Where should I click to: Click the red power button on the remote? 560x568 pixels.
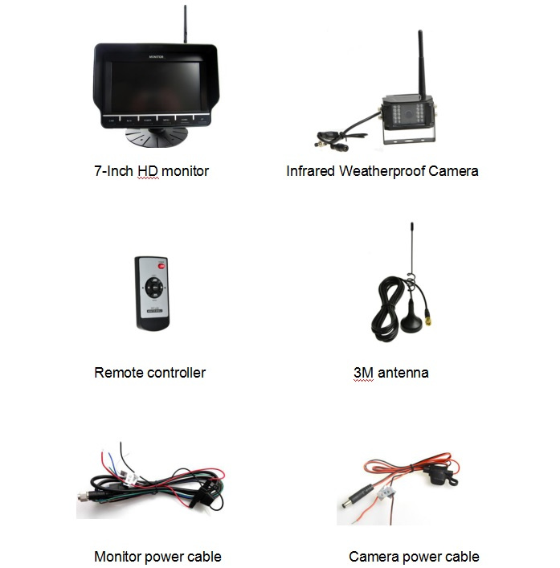coord(161,266)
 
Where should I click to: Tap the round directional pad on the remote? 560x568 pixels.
coord(155,288)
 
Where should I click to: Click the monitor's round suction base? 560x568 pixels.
coord(157,137)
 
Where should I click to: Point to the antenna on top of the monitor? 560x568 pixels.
coord(185,24)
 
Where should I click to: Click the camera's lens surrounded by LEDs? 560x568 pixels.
coord(409,114)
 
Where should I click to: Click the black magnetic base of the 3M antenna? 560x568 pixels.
coord(412,320)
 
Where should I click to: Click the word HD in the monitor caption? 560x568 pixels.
coord(148,171)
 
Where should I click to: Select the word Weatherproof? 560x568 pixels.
coord(382,171)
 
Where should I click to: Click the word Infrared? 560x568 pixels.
coord(310,171)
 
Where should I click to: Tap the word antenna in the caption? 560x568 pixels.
coord(403,373)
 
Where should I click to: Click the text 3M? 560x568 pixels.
coord(363,373)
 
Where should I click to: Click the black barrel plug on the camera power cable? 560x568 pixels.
coord(356,496)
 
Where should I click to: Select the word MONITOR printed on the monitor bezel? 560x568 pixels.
coord(156,57)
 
